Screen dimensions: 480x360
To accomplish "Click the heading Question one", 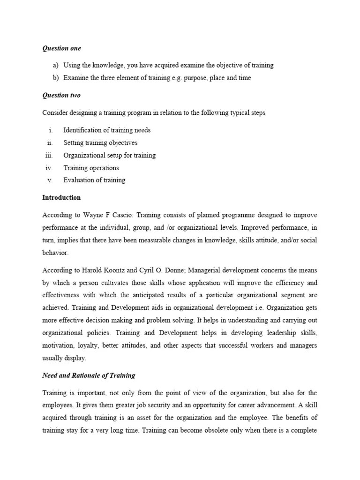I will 61,48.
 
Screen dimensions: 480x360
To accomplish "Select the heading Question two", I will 61,95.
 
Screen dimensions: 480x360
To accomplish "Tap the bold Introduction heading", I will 61,197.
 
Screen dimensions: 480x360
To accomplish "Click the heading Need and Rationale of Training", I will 89,375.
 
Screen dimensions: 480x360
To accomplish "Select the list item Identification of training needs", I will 107,130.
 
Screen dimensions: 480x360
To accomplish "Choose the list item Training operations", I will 91,168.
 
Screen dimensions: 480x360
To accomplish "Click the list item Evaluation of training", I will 94,180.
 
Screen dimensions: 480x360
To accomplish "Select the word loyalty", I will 86,345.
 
